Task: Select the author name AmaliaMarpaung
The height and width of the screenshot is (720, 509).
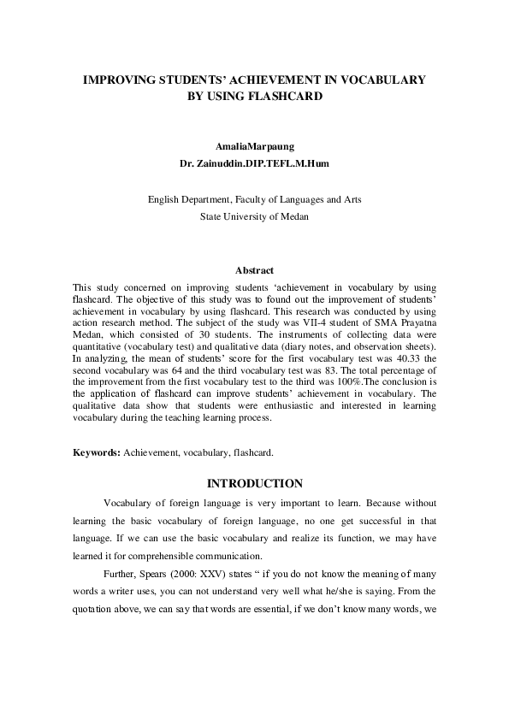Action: coord(254,146)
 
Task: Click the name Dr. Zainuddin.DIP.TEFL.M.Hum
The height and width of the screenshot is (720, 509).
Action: coord(254,162)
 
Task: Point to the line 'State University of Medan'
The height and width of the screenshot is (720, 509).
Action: coord(254,216)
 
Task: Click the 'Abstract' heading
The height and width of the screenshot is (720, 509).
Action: coord(254,270)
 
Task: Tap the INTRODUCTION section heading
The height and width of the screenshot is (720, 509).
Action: coord(254,483)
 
